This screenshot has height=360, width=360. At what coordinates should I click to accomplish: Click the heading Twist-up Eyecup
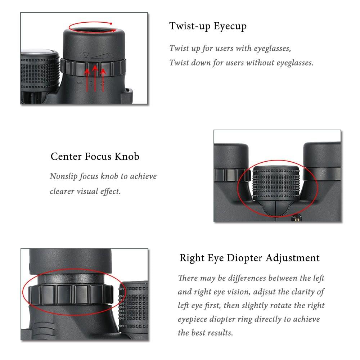(208, 27)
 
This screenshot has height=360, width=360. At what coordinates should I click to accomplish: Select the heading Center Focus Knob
(95, 157)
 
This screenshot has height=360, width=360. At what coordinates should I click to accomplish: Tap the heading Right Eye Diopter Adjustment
(249, 258)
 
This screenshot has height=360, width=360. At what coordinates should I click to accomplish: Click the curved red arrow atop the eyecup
(93, 27)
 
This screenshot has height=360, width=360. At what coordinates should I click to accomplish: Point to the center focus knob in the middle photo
(277, 182)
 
